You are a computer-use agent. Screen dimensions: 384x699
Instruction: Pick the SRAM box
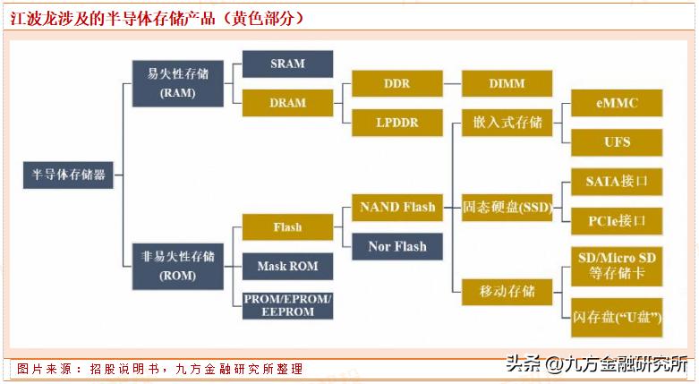(x=287, y=64)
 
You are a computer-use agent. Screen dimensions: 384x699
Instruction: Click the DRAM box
(x=287, y=103)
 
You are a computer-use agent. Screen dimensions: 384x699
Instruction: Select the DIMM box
(x=507, y=84)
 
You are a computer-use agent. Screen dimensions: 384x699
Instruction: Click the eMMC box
(x=617, y=103)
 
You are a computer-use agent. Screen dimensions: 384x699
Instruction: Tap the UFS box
(x=617, y=141)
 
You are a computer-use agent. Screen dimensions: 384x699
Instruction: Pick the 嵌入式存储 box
(x=507, y=123)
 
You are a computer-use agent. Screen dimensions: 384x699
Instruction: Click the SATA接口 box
(x=617, y=182)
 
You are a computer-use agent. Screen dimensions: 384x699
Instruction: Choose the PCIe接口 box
(x=617, y=220)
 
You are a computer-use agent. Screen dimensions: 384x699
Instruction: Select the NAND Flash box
(x=396, y=208)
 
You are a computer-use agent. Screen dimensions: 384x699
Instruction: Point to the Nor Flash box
(x=396, y=246)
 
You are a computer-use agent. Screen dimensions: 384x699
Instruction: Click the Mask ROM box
(x=287, y=266)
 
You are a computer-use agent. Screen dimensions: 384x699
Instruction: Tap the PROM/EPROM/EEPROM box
(x=287, y=304)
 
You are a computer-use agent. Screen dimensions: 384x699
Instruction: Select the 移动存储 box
(x=507, y=291)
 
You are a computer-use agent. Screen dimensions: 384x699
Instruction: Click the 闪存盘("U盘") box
(x=617, y=317)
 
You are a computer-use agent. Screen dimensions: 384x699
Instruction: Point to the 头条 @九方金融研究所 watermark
(x=596, y=364)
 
